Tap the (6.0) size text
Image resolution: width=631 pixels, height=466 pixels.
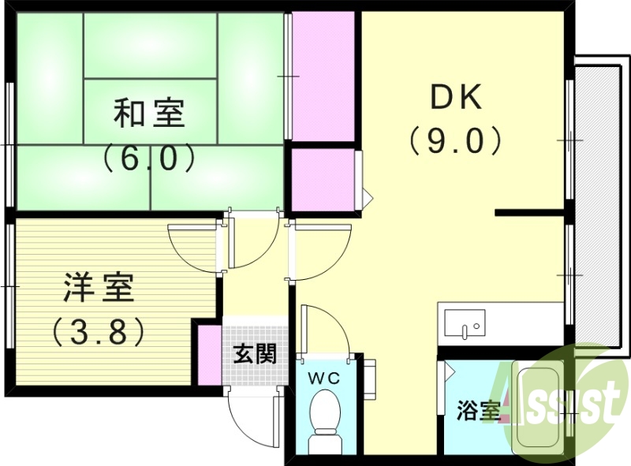pos(148,158)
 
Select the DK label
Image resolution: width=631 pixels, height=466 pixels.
pos(455,98)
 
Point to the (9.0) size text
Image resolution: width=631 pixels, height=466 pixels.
pos(455,141)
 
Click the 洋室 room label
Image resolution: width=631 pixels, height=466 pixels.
pos(99,289)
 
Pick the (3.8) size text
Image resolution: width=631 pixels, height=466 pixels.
pos(99,331)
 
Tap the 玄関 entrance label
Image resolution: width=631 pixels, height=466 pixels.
pos(254,353)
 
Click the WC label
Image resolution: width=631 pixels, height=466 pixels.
pos(324,378)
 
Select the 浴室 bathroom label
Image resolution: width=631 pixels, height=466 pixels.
pos(478,410)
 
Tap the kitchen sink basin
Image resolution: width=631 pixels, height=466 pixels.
pos(465,322)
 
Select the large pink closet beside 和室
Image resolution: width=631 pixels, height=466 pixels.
pos(323,76)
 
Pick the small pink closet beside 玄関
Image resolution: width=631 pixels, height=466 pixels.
pos(209,352)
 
